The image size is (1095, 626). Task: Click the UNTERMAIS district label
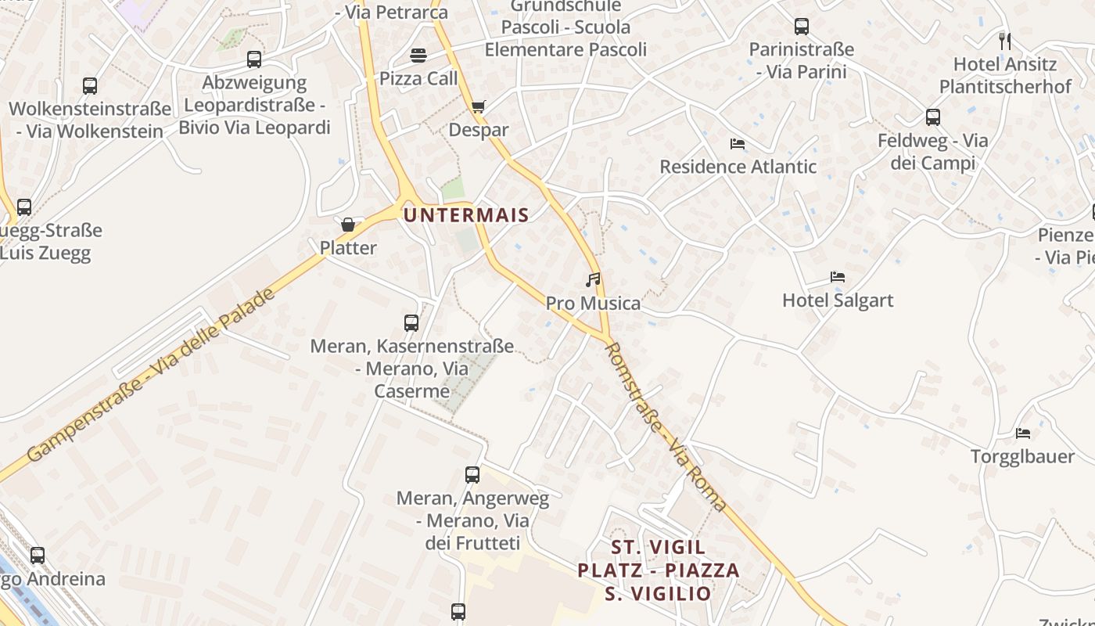(466, 214)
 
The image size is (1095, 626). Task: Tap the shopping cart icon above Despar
(478, 106)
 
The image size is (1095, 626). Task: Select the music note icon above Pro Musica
(593, 279)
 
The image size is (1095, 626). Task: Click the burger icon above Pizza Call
(418, 56)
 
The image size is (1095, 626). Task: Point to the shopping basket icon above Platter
(348, 225)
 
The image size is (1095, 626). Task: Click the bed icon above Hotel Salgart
(838, 277)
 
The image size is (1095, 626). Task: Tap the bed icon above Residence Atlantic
(738, 143)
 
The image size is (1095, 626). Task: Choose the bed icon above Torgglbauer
(1022, 433)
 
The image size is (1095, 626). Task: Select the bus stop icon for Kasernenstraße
(411, 322)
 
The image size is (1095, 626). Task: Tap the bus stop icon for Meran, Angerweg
(472, 474)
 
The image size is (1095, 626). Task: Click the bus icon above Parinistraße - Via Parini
(802, 27)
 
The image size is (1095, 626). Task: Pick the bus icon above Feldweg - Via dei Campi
(932, 117)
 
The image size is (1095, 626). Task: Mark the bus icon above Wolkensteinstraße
(90, 86)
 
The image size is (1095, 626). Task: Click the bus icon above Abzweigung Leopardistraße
(254, 59)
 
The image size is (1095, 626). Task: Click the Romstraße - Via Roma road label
(666, 427)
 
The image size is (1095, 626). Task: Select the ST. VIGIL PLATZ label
(659, 570)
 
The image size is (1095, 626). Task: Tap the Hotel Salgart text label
(838, 300)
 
